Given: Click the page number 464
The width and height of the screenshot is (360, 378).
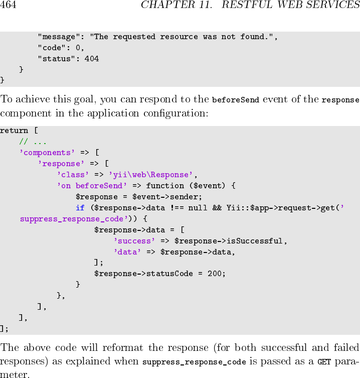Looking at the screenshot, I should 8,6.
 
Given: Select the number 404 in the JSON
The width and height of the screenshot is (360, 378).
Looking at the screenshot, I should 92,59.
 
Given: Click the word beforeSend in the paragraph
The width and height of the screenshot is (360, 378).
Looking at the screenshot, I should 235,100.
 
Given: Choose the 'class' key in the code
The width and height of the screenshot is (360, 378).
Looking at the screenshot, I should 73,175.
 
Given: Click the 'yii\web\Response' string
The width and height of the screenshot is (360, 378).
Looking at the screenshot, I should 151,175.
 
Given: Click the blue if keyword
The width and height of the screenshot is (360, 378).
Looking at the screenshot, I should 80,208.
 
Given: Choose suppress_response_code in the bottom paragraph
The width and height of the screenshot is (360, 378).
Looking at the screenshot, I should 194,362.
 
